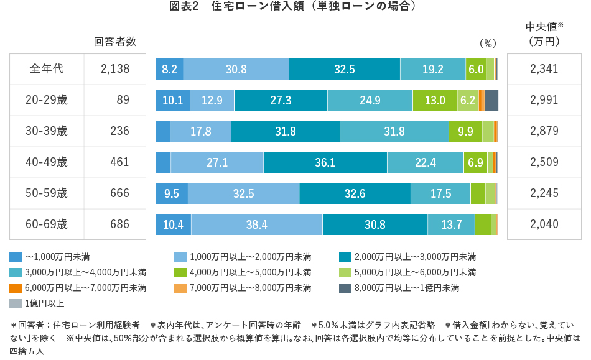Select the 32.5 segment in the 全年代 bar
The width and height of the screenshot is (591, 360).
tap(344, 69)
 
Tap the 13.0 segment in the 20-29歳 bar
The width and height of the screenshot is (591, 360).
tap(434, 100)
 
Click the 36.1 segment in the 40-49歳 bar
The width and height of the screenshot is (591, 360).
tap(325, 162)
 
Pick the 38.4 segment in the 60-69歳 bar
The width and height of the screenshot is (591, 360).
tap(256, 224)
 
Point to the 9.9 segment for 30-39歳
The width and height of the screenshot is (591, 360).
tap(465, 131)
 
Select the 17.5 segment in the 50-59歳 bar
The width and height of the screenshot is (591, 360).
tap(440, 193)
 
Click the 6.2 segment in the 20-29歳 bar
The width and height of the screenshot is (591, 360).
tap(467, 100)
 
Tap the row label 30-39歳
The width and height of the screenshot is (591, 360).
tap(47, 131)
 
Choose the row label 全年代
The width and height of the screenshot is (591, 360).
tap(47, 69)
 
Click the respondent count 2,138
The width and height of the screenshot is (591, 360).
tap(114, 69)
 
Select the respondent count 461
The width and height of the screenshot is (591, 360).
tap(119, 162)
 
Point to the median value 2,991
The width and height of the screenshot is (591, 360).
tap(544, 100)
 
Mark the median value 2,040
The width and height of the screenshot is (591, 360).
tap(544, 224)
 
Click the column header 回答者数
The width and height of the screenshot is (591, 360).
tap(115, 42)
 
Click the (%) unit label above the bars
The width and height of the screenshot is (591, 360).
tap(488, 43)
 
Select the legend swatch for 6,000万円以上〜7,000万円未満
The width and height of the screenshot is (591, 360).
tap(16, 288)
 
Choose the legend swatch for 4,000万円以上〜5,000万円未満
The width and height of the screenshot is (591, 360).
tap(180, 272)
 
